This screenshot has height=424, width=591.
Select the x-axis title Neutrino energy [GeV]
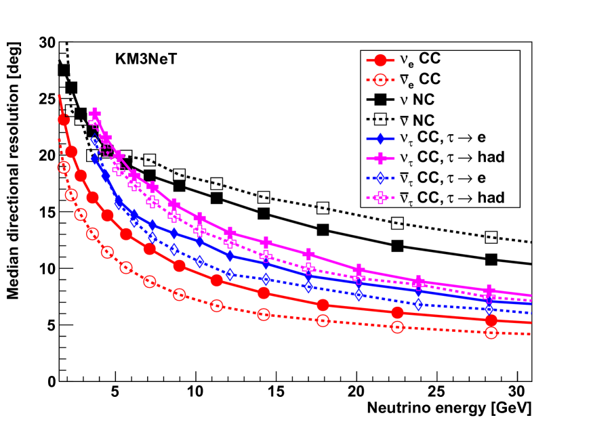[x=449, y=410]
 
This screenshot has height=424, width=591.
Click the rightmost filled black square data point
[x=491, y=259]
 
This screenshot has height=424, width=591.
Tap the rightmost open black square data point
[x=491, y=237]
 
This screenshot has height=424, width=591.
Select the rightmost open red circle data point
[x=491, y=333]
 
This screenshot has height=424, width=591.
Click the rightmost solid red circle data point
[x=491, y=320]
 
